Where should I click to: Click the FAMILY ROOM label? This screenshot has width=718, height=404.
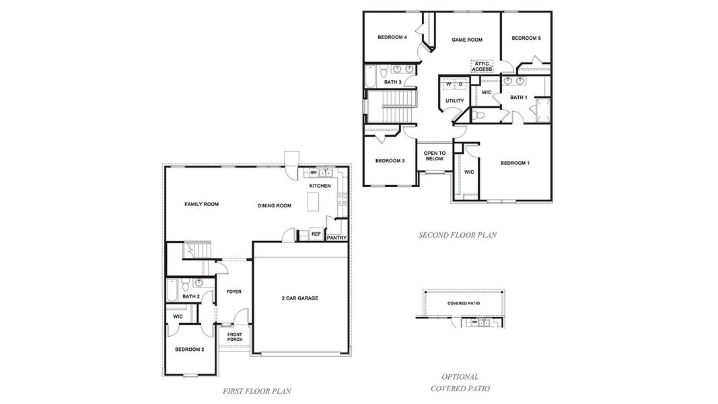(x=202, y=204)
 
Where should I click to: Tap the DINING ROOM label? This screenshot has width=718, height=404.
(x=274, y=205)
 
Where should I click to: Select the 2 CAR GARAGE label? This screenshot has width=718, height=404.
(x=299, y=298)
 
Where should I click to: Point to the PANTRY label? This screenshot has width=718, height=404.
(x=336, y=238)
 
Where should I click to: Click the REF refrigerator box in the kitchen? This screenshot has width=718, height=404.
(x=316, y=234)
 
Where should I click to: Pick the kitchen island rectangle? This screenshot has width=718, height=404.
(x=312, y=201)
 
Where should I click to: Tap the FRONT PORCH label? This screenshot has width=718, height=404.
(x=234, y=336)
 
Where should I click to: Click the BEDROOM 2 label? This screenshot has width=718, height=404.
(x=190, y=349)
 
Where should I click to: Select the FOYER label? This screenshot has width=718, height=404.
(x=234, y=292)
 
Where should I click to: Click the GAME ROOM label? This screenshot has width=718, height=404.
(x=467, y=40)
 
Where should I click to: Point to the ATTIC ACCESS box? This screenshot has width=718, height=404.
(x=482, y=67)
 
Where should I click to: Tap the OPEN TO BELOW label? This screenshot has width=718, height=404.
(x=433, y=156)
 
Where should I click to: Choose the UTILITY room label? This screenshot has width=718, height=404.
(x=454, y=101)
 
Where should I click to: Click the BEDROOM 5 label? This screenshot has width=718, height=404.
(x=526, y=38)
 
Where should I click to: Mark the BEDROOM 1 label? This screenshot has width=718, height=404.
(x=515, y=163)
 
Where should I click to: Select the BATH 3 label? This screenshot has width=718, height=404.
(x=393, y=82)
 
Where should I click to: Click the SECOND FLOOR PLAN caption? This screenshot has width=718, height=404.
(x=457, y=235)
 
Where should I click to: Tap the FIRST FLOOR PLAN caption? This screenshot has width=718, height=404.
(x=256, y=391)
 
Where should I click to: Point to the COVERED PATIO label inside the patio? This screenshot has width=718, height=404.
(x=464, y=303)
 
